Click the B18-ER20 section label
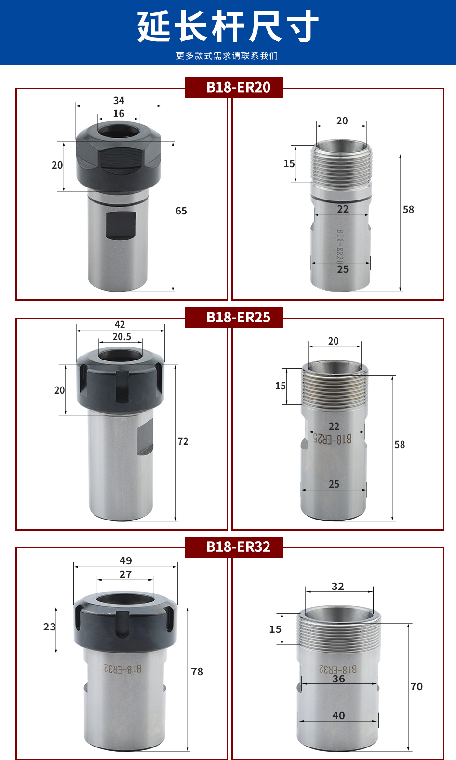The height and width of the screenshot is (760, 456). pyautogui.click(x=238, y=87)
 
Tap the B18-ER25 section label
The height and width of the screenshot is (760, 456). pyautogui.click(x=238, y=317)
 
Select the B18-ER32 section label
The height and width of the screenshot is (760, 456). pyautogui.click(x=238, y=547)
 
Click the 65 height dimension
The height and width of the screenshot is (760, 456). pyautogui.click(x=181, y=211)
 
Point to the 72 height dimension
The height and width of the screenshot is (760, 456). pyautogui.click(x=183, y=441)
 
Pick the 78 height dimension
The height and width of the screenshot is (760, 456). pyautogui.click(x=197, y=671)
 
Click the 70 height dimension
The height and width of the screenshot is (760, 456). pyautogui.click(x=416, y=686)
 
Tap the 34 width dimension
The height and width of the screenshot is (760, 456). pyautogui.click(x=119, y=100)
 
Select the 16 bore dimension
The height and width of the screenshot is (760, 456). pyautogui.click(x=119, y=114)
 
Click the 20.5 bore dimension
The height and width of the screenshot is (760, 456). pyautogui.click(x=122, y=336)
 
